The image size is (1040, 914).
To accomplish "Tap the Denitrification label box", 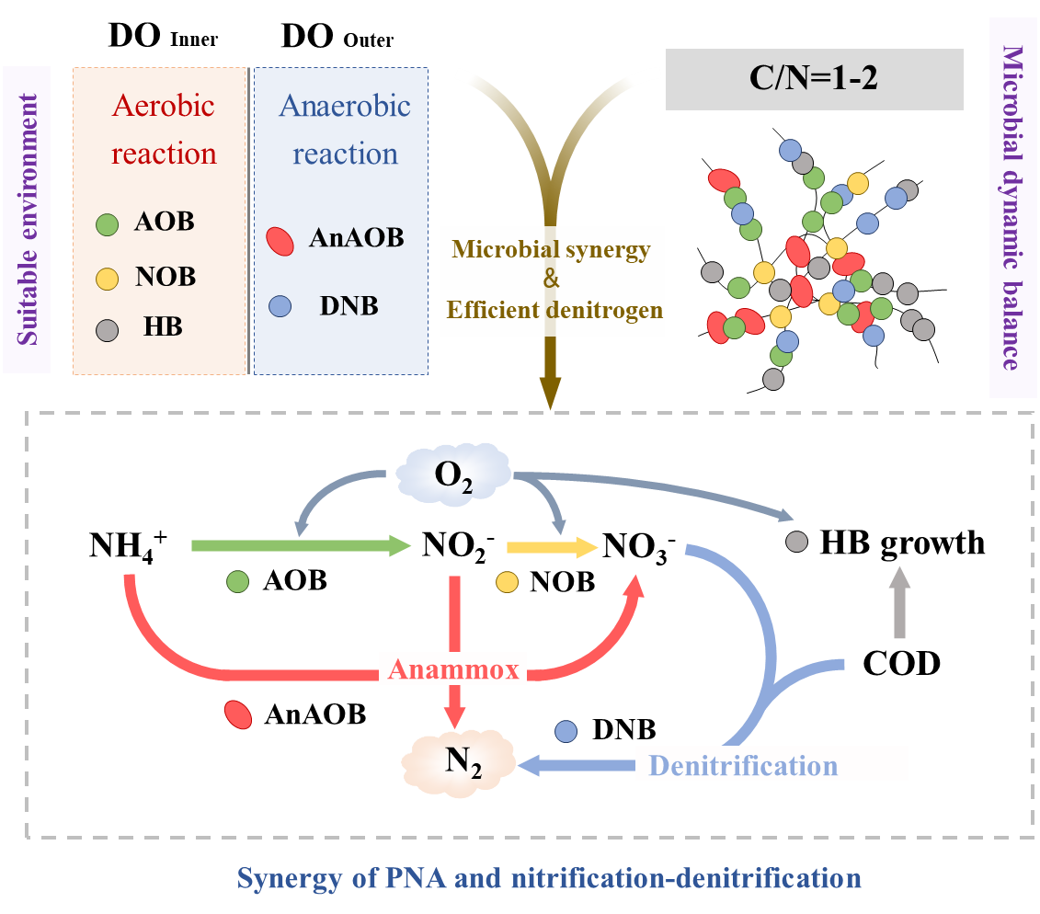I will tap(771, 764).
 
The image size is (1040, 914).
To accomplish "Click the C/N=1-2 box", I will tap(814, 79).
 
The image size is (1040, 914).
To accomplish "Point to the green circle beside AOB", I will tap(108, 223).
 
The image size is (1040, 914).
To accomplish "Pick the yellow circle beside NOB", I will tap(108, 278).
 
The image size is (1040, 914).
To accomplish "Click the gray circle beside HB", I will tap(108, 329).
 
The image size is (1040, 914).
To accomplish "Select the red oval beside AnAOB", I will tap(280, 240).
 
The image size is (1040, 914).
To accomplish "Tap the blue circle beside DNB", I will tap(280, 305).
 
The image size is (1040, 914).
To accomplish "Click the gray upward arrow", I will tap(899, 602).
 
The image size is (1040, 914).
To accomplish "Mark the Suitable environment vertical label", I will tap(27, 219).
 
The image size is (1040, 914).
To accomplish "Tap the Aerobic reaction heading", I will tap(164, 129).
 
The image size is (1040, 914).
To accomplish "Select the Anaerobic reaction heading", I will tap(345, 129).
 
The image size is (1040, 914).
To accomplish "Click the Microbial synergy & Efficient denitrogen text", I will tap(553, 280).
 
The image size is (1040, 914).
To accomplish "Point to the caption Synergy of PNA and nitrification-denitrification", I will tap(549, 878).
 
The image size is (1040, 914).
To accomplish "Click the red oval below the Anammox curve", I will tap(238, 714).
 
